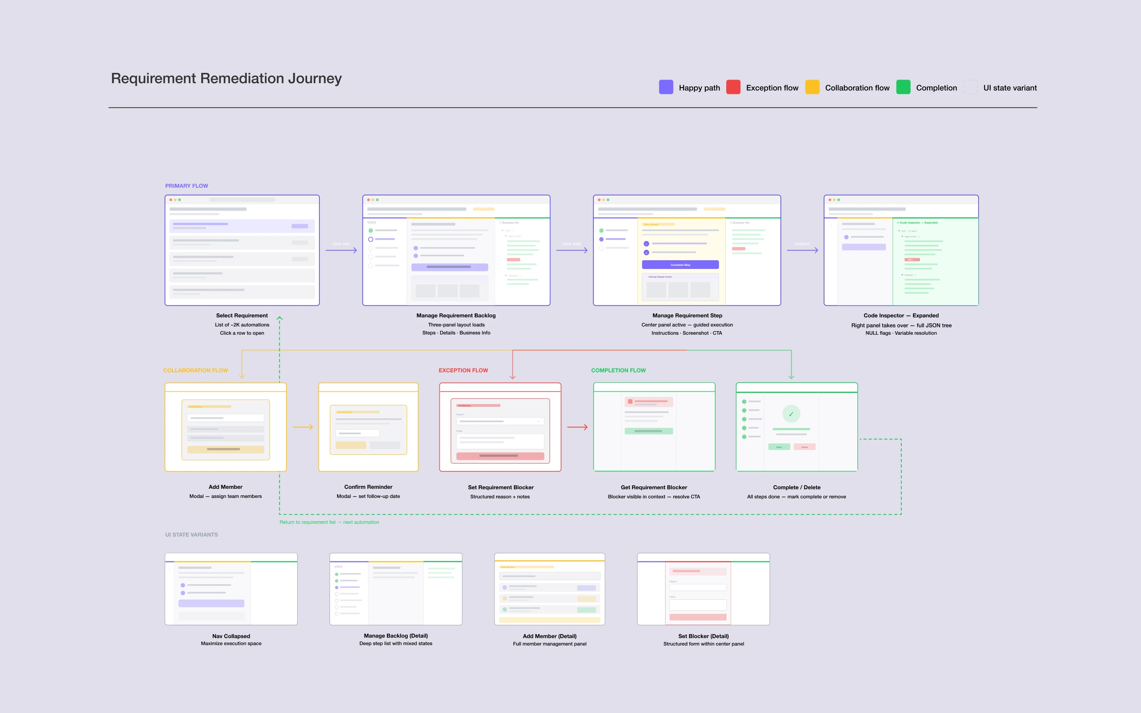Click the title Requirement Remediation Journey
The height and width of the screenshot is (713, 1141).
click(226, 78)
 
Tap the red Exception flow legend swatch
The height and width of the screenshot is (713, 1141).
click(733, 87)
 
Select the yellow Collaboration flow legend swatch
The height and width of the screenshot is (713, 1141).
click(812, 87)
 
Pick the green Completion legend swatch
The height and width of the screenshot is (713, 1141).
click(903, 87)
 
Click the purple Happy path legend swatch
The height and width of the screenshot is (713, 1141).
click(666, 87)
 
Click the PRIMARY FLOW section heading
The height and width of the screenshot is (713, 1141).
click(186, 186)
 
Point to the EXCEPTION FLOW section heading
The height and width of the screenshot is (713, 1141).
click(463, 370)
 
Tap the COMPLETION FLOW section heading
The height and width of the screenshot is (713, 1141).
click(618, 370)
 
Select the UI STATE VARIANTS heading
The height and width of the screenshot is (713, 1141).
click(191, 535)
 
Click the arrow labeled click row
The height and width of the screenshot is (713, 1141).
click(341, 250)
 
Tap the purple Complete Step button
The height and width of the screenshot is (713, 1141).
click(680, 265)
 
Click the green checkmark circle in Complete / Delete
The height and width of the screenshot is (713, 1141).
click(791, 414)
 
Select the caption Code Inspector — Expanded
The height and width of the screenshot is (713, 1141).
click(901, 315)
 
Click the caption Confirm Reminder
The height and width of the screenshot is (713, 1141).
click(368, 487)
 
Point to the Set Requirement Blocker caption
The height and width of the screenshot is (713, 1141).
click(501, 487)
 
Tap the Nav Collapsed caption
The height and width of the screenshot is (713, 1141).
click(231, 636)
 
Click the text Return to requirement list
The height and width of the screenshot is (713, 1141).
click(307, 522)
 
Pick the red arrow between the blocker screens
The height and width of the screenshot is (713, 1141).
click(577, 427)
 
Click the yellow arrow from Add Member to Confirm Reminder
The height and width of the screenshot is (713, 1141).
click(303, 427)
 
